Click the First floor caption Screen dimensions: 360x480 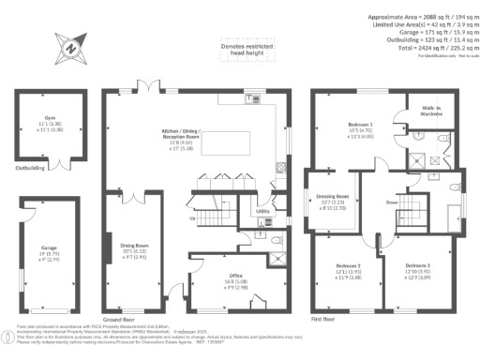click(322, 318)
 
